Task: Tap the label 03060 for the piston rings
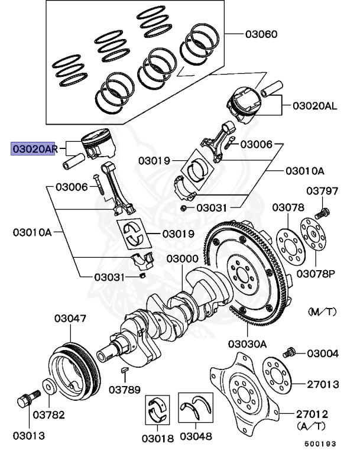click(x=261, y=34)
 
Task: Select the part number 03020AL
click(x=315, y=106)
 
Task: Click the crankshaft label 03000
click(x=182, y=258)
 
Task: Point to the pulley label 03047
click(x=70, y=319)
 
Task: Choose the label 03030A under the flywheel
click(x=247, y=344)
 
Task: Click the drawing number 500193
click(x=320, y=443)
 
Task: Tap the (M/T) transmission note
click(x=322, y=312)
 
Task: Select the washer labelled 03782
click(x=50, y=386)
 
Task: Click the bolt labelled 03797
click(x=322, y=213)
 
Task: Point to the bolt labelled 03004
click(x=289, y=352)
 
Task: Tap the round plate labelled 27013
click(x=276, y=375)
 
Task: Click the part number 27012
click(x=312, y=414)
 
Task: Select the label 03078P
click(x=316, y=274)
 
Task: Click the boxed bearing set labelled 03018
click(x=157, y=410)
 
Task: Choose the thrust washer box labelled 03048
click(x=196, y=407)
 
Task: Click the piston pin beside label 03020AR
click(x=73, y=161)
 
